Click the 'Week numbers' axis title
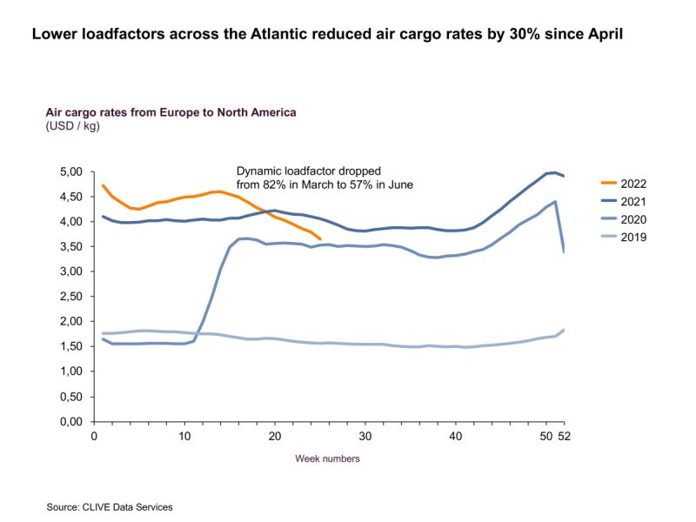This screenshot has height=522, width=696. tap(327, 458)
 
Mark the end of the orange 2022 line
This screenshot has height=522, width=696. tap(320, 238)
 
